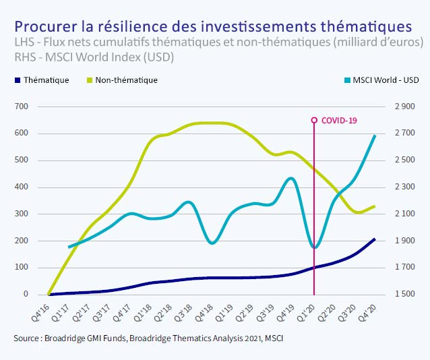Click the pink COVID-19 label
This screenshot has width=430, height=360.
point(338,121)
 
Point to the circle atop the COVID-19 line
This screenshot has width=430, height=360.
point(314,121)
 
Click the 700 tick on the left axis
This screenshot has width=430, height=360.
point(22,107)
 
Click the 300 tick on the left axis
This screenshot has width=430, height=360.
point(22,214)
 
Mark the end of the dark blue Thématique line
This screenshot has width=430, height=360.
point(375,239)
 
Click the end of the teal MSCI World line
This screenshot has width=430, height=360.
point(375,136)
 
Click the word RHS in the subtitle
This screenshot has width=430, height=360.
point(25,57)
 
